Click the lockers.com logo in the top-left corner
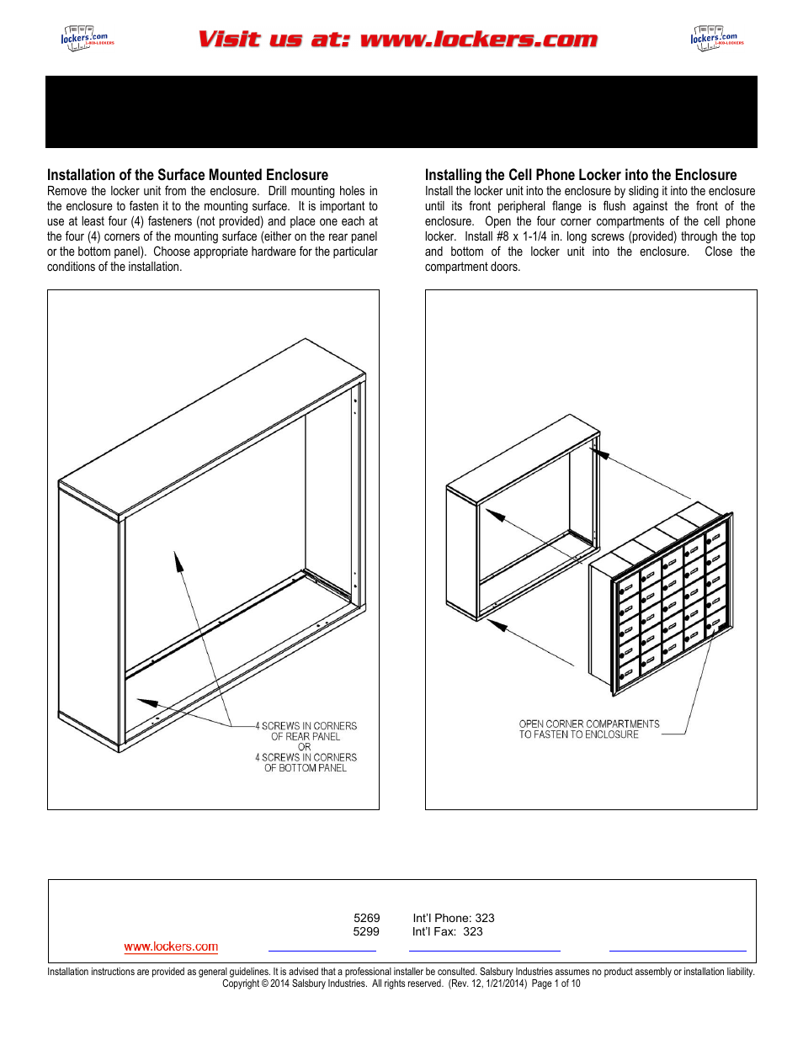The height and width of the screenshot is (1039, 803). click(86, 38)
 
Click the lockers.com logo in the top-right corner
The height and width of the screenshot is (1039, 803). click(716, 38)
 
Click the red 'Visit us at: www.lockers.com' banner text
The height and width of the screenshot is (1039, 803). click(397, 40)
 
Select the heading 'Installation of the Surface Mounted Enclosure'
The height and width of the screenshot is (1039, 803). click(188, 175)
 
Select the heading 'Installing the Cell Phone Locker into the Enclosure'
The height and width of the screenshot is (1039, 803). click(580, 175)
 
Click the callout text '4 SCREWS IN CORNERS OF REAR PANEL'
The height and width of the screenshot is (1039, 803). click(306, 731)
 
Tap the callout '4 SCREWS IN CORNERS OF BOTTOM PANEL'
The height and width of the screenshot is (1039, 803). click(306, 762)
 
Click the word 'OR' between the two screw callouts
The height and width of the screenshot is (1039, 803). click(304, 747)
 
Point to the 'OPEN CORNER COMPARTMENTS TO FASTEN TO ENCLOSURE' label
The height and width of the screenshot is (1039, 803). click(588, 729)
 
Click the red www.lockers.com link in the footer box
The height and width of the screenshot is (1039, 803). click(171, 946)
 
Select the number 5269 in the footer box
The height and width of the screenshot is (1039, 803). click(366, 918)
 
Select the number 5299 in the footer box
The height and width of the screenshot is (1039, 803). click(366, 931)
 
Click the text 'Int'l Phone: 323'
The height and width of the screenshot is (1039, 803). click(453, 918)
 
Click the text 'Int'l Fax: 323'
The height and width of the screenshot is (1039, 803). click(447, 931)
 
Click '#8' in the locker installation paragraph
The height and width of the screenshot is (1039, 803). click(501, 236)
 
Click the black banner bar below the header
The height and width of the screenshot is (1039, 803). click(401, 112)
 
